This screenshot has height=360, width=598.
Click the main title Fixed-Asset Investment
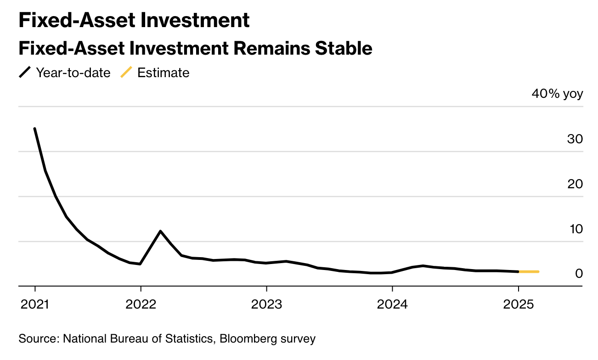coord(134,20)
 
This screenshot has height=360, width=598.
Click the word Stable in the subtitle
coord(344,48)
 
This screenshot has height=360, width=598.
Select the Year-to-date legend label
coord(73,73)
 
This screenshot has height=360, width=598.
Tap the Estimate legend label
coord(164,73)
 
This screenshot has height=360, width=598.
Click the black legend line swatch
coord(25,72)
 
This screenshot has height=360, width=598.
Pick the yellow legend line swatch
coord(126,72)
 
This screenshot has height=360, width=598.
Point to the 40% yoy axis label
coord(558,94)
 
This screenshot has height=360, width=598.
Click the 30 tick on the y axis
coord(575,139)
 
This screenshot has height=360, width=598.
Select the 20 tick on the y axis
coord(575,184)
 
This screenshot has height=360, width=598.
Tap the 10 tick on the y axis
coord(576,229)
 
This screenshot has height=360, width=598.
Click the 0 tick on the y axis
coord(579,274)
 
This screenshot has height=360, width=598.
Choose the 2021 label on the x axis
coord(35,304)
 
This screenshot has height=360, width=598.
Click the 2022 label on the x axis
coord(141,304)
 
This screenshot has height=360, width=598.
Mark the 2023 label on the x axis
coord(266,304)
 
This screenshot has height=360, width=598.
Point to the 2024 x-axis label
coord(392,304)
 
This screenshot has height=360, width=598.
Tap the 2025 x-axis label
coord(519,304)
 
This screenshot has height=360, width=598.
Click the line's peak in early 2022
coord(160,231)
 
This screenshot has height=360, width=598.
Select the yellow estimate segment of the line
coord(529,272)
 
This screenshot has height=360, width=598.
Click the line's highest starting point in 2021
coord(35,129)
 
